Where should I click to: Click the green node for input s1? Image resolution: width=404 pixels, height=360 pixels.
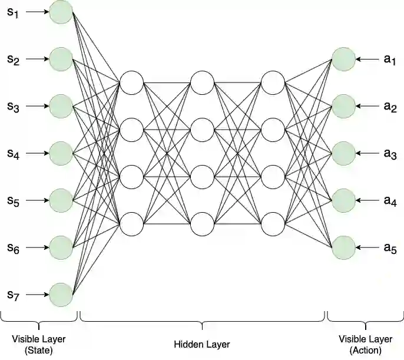tap(61, 12)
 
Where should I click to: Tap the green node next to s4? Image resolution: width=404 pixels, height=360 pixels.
tap(61, 153)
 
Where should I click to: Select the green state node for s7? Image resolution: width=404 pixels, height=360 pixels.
tap(61, 295)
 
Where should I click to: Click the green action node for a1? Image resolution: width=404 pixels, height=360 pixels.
tap(343, 59)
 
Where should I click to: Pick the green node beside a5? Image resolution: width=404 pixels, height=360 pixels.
tap(343, 247)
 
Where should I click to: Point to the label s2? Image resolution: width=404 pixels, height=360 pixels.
tap(13, 59)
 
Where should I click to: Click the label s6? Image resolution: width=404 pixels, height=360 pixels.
tap(13, 249)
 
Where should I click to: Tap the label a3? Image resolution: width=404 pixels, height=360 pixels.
tap(390, 154)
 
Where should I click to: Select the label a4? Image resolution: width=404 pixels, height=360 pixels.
tap(390, 201)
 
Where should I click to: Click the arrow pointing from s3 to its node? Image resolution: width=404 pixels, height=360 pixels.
tap(37, 106)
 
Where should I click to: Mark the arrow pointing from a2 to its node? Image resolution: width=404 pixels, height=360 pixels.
tap(367, 106)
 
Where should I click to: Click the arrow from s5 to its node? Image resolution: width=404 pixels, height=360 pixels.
tap(37, 200)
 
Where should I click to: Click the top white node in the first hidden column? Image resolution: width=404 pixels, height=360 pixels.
tap(131, 82)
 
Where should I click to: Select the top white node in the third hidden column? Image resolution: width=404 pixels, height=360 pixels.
tap(273, 82)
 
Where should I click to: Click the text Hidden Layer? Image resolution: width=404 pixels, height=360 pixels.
tap(202, 344)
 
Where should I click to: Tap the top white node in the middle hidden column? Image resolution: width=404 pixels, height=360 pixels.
tap(202, 82)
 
